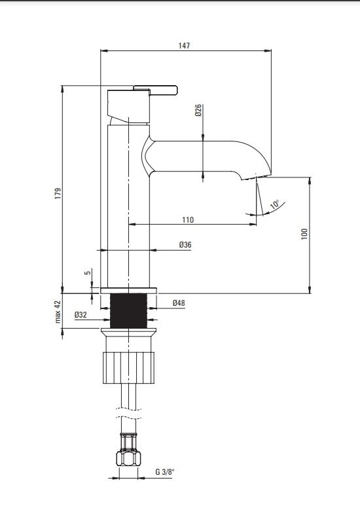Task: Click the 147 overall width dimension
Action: click(x=184, y=45)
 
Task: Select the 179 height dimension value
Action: click(x=58, y=194)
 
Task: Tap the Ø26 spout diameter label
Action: click(x=198, y=111)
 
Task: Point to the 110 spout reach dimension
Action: click(x=188, y=220)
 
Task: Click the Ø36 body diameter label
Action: click(x=185, y=245)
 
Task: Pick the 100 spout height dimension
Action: click(x=304, y=234)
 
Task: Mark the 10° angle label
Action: click(x=275, y=204)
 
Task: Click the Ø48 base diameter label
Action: click(x=179, y=303)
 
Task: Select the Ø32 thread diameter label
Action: click(x=81, y=315)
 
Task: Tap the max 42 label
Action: click(x=58, y=312)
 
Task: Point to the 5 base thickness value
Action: click(x=88, y=272)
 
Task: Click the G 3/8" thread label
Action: click(x=165, y=472)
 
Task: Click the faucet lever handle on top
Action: click(x=155, y=90)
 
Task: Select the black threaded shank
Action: click(x=128, y=310)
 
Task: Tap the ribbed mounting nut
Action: click(x=128, y=368)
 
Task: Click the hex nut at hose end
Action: click(x=128, y=458)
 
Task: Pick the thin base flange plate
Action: click(x=128, y=291)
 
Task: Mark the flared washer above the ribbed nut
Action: click(x=128, y=332)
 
